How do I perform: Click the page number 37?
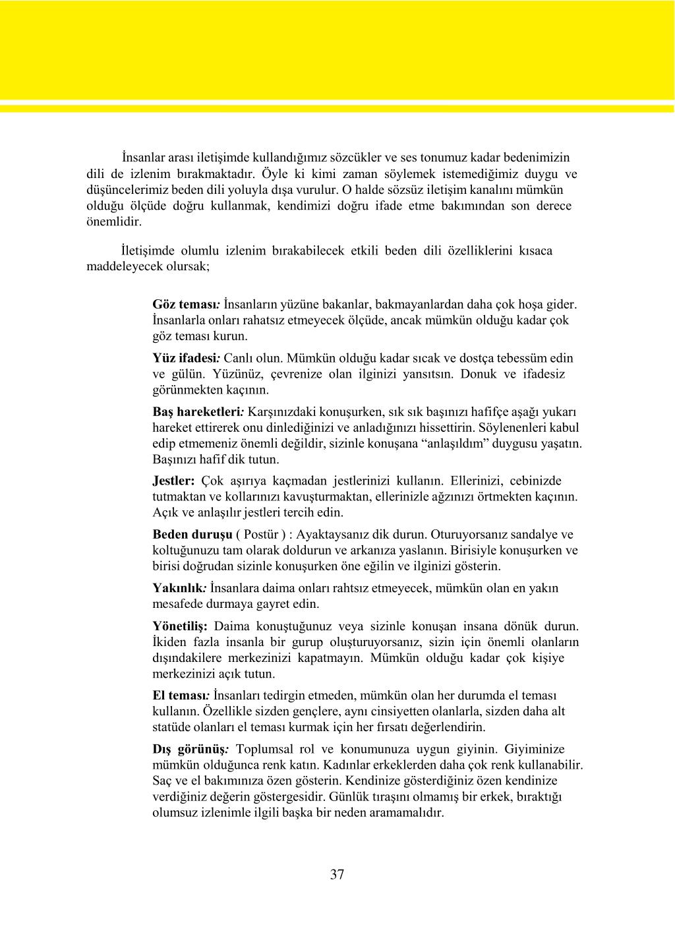tap(337, 875)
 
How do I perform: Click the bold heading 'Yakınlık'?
tap(179, 588)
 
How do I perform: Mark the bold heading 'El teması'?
tap(180, 696)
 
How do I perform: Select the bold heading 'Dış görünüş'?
tap(189, 750)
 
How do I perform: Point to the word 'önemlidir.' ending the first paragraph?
tap(114, 222)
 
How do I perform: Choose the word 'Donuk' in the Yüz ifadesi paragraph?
tap(479, 374)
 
